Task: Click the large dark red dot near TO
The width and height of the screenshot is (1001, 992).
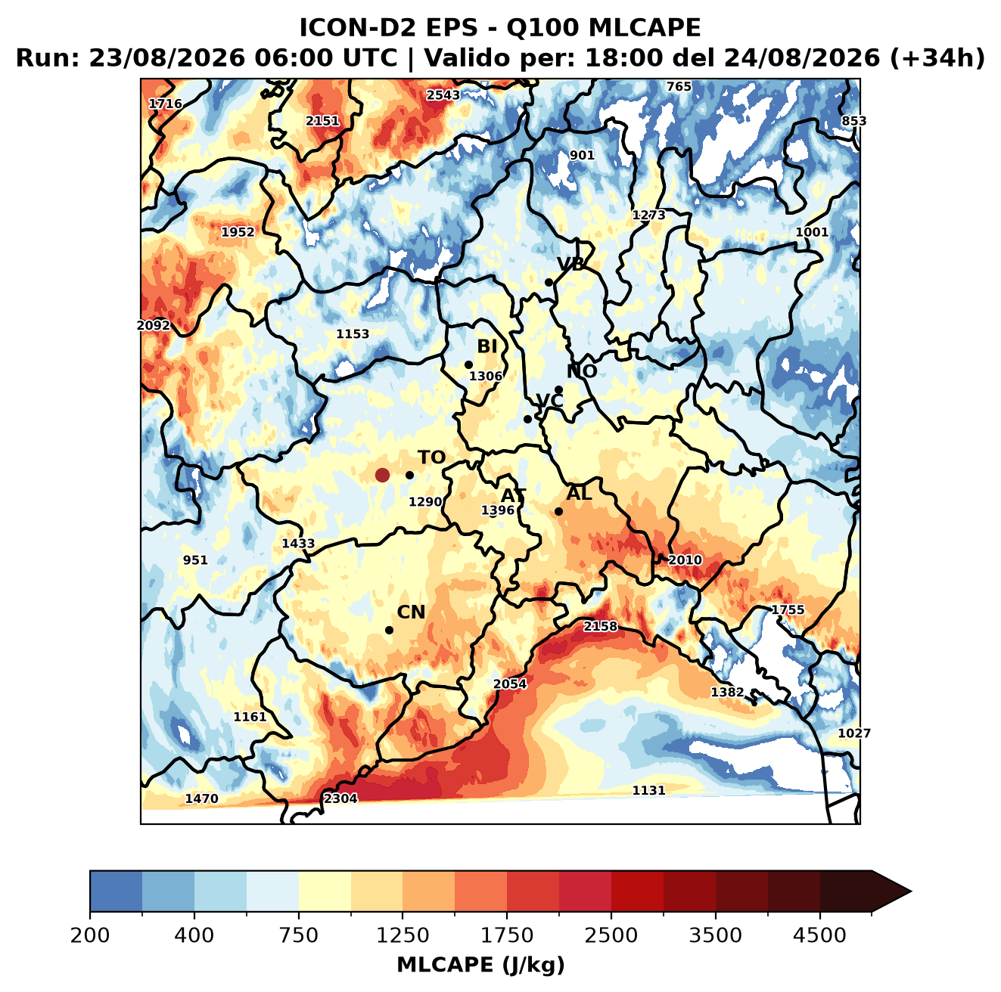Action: (x=382, y=475)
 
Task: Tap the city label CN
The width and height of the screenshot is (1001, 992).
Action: (x=410, y=612)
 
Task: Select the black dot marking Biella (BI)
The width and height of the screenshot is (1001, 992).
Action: (x=468, y=364)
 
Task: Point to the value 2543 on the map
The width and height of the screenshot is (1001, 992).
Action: (x=443, y=95)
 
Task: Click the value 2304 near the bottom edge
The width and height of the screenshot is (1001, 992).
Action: (x=340, y=798)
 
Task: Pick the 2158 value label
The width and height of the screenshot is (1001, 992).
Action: (x=600, y=626)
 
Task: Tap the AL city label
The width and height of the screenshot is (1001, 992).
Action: (x=579, y=493)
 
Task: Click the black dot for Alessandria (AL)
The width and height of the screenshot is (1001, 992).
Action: (x=558, y=511)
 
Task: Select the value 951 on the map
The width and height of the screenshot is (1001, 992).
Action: (x=195, y=560)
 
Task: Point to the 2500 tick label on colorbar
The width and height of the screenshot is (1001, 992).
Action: (x=611, y=935)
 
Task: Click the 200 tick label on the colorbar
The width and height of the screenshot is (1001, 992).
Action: (x=90, y=935)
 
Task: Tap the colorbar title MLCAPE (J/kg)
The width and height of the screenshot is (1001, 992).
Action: (x=480, y=965)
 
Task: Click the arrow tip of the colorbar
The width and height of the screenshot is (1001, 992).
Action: (x=911, y=891)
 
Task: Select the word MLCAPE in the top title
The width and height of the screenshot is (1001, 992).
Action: (x=645, y=27)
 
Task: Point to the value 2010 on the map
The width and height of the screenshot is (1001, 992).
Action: (x=685, y=560)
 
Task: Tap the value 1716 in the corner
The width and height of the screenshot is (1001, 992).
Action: (x=165, y=104)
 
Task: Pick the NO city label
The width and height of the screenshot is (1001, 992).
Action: (x=581, y=372)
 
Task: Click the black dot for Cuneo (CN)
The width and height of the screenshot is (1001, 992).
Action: (x=389, y=630)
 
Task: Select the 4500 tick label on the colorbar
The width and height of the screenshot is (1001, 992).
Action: (x=819, y=935)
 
